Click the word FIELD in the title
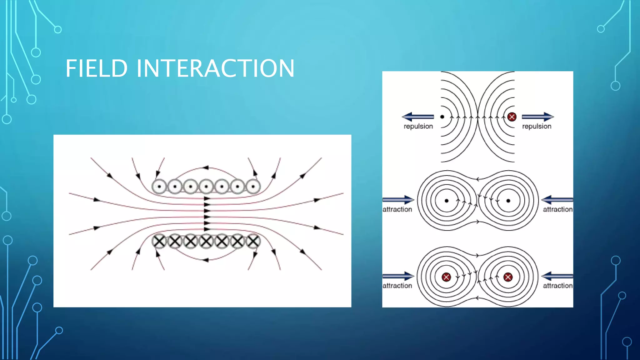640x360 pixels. click(x=97, y=68)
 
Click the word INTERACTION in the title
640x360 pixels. click(x=215, y=68)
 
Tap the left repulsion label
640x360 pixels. click(x=418, y=126)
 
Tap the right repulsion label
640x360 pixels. click(x=537, y=126)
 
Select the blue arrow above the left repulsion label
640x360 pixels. click(x=418, y=117)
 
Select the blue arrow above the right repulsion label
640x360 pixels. click(x=537, y=117)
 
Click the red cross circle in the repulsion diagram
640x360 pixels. click(x=512, y=117)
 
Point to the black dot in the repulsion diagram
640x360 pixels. click(x=442, y=117)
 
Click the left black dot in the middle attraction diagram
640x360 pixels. click(x=447, y=201)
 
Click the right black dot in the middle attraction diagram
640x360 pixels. click(x=508, y=201)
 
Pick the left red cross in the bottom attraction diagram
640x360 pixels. click(x=446, y=277)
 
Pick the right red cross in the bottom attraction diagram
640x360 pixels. click(x=508, y=277)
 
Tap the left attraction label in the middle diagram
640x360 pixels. click(x=397, y=209)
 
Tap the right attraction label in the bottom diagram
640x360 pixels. click(x=557, y=286)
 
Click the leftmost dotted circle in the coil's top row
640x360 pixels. click(x=159, y=187)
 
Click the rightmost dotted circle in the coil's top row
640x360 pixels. click(x=253, y=187)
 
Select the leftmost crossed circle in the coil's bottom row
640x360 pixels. click(x=159, y=241)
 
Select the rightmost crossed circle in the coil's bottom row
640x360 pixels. click(x=253, y=241)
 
